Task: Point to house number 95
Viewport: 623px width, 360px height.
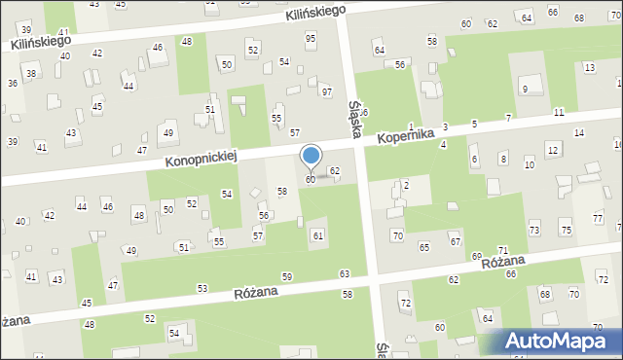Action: click(311, 38)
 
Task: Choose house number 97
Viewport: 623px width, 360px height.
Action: click(327, 91)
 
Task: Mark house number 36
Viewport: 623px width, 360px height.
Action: click(13, 83)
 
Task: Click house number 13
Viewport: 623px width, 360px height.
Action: click(589, 67)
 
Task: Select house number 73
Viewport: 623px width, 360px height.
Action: click(533, 229)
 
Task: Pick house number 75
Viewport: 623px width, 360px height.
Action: click(567, 229)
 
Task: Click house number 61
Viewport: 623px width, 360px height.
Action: click(317, 235)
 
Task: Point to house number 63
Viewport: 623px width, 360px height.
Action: click(344, 274)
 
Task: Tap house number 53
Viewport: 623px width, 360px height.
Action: click(202, 288)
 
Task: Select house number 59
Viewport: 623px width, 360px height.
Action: click(287, 277)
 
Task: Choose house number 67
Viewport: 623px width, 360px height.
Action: click(455, 240)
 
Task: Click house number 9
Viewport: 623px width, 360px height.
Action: click(525, 90)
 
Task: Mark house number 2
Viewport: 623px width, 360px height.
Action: click(405, 185)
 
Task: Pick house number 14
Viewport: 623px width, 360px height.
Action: click(578, 132)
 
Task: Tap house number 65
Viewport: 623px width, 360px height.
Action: click(424, 247)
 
